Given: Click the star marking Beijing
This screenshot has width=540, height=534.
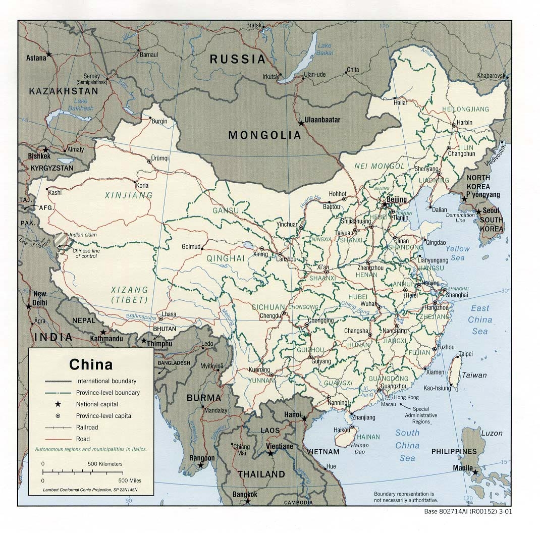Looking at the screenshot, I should click(385, 205).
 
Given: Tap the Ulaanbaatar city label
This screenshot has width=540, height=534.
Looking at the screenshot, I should click(323, 120).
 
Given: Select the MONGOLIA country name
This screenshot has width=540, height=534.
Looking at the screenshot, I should click(264, 135).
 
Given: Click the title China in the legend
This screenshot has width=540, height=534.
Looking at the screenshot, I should click(91, 364).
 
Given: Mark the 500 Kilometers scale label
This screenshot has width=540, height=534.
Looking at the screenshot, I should click(105, 463).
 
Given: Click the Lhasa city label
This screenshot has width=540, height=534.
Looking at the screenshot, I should click(169, 314).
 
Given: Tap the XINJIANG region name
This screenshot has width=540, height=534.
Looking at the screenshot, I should click(122, 195).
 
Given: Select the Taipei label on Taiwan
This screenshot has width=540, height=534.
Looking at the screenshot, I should click(465, 353).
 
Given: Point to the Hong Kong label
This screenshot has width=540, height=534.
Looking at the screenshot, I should click(406, 397).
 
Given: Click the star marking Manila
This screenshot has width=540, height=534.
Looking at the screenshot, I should click(475, 472).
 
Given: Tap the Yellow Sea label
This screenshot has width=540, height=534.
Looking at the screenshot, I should click(457, 253).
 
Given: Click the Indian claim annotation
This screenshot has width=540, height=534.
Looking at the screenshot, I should click(83, 235).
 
